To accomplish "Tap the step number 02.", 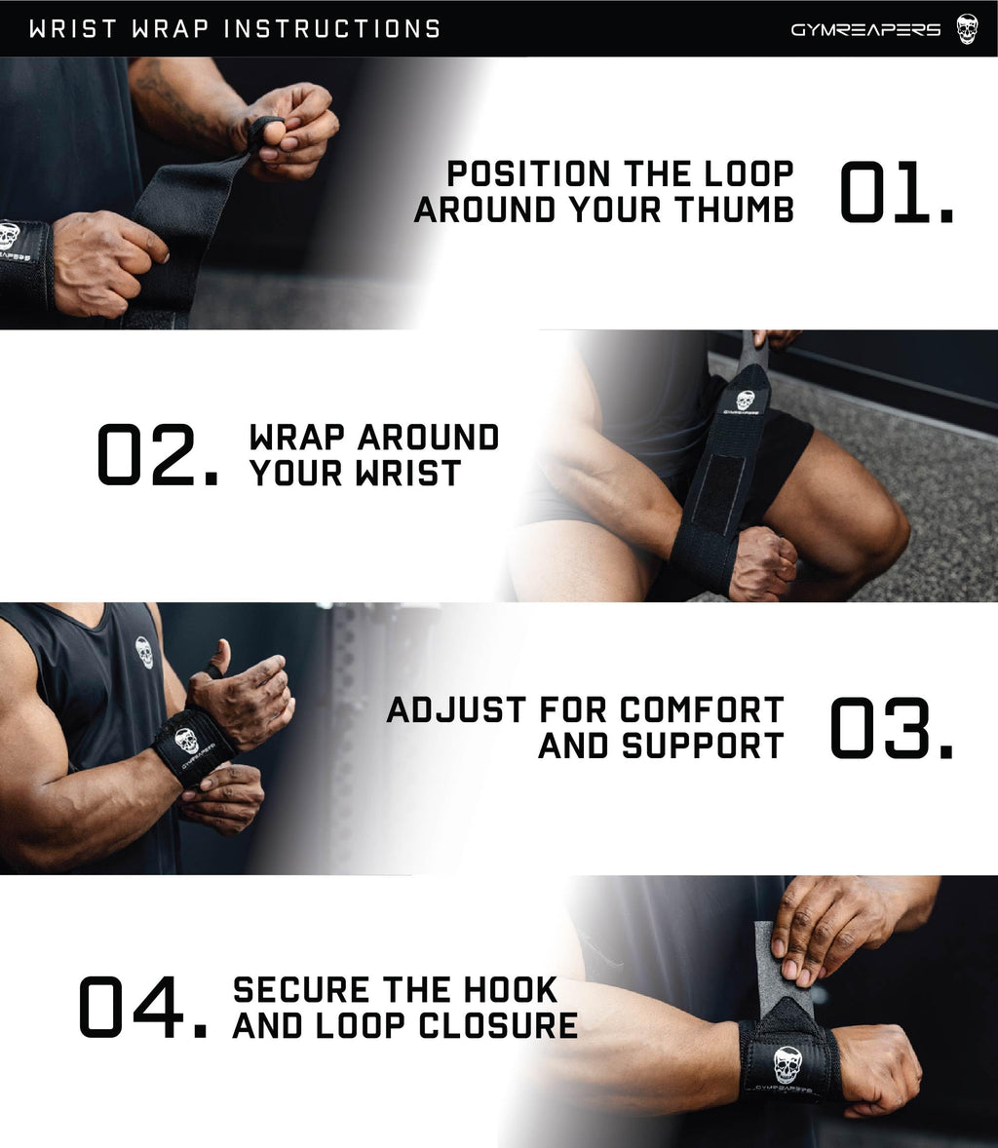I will click(156, 455).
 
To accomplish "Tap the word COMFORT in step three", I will click(702, 709).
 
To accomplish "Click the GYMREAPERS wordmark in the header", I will click(865, 29).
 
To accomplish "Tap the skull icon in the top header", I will click(966, 28).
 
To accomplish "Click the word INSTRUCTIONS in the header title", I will click(331, 29).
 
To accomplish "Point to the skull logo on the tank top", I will click(144, 651).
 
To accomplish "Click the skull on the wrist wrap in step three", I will click(187, 742).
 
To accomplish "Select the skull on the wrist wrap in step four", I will click(787, 1064).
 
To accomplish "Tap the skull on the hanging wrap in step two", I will click(745, 401).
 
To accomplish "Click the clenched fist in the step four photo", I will click(877, 1067).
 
